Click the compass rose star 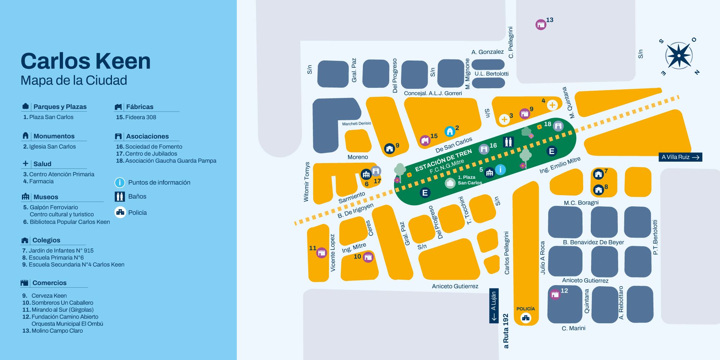[678, 56]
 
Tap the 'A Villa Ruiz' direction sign [680, 157]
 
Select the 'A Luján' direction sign [494, 306]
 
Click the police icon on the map [526, 318]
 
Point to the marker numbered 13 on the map [541, 24]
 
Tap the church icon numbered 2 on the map [449, 131]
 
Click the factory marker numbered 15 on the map [425, 140]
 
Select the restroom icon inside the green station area [508, 142]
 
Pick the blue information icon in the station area [500, 170]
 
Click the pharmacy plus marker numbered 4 [552, 105]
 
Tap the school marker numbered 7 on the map [598, 174]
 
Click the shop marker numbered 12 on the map [555, 294]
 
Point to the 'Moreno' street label [357, 157]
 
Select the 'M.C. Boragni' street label [581, 203]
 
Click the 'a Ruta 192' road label [506, 331]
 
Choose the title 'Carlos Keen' [86, 61]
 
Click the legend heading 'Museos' [46, 197]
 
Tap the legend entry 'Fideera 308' [140, 117]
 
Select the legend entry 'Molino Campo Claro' [57, 330]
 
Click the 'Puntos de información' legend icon [120, 183]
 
